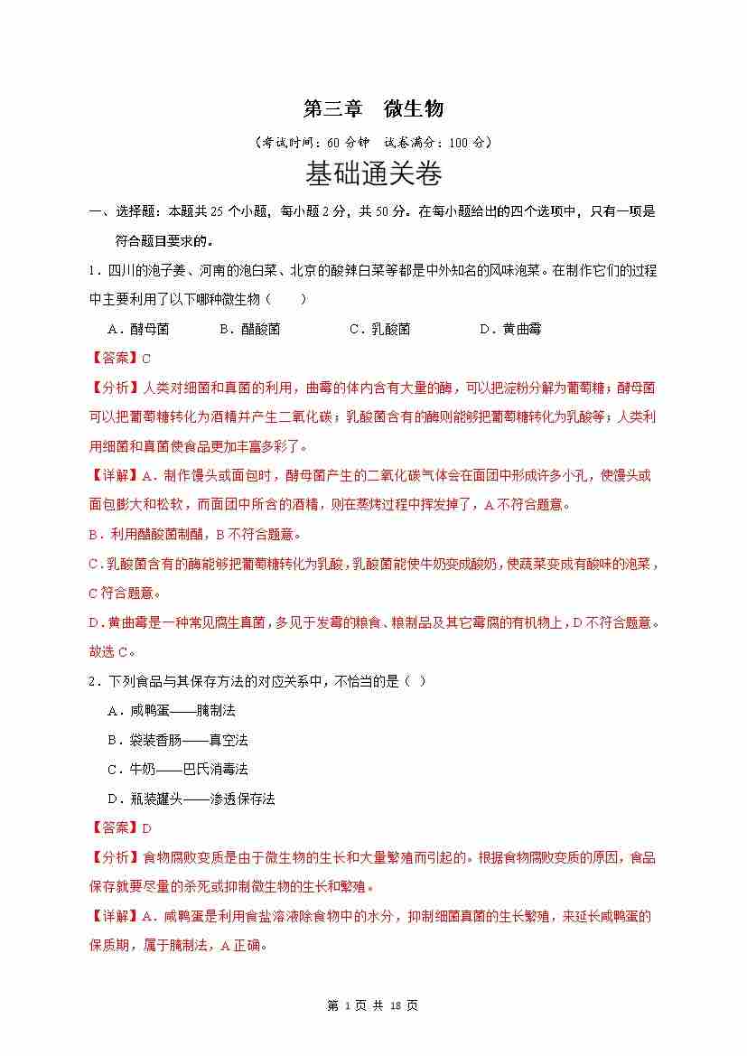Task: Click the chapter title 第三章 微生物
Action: (x=373, y=109)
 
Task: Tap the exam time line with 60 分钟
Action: (x=373, y=142)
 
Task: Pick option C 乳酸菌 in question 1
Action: (x=379, y=329)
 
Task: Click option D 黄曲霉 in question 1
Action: (x=509, y=329)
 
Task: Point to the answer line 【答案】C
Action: (x=120, y=359)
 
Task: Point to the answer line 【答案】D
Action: (x=120, y=827)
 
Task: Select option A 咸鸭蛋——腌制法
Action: (x=171, y=710)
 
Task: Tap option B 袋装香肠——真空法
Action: (x=177, y=740)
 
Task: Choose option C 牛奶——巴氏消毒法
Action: (x=177, y=769)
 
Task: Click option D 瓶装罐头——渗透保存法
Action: (x=191, y=799)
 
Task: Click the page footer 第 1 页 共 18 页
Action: (x=373, y=1005)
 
